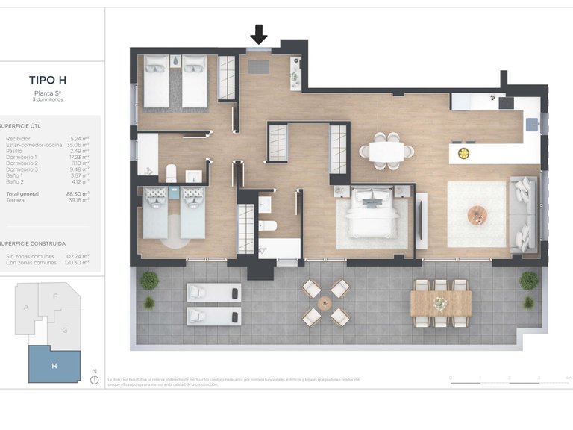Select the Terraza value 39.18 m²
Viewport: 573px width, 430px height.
pos(78,199)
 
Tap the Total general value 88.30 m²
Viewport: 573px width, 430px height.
pos(78,193)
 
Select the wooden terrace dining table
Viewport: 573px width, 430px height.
pos(440,302)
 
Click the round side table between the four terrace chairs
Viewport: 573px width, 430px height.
pos(325,303)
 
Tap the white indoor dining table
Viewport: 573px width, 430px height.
pos(386,152)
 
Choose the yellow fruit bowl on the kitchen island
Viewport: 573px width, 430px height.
pos(463,154)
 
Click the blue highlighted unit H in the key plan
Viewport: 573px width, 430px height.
pos(54,364)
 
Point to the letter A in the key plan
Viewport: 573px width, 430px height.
pos(26,307)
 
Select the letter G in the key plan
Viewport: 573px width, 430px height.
pos(65,329)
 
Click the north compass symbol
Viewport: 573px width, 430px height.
pos(94,379)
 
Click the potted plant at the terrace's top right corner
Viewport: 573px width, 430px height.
pos(528,281)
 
